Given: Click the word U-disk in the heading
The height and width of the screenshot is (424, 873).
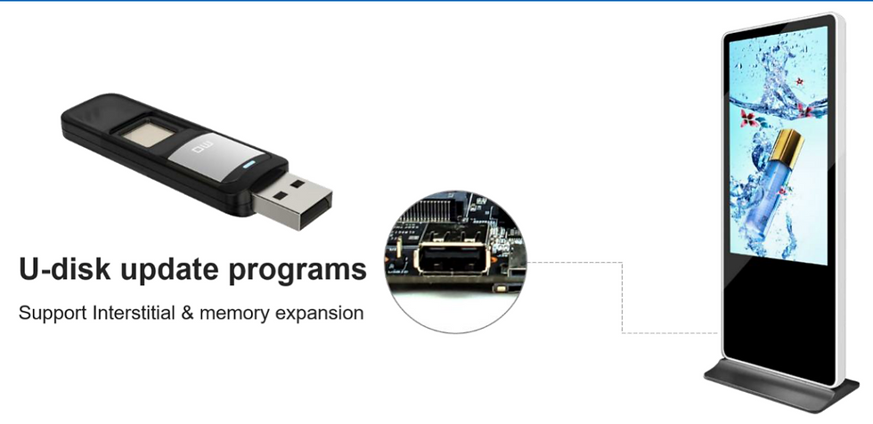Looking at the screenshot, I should pos(64,270).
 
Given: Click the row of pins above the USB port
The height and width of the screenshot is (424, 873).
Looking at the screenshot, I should pos(442,210).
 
